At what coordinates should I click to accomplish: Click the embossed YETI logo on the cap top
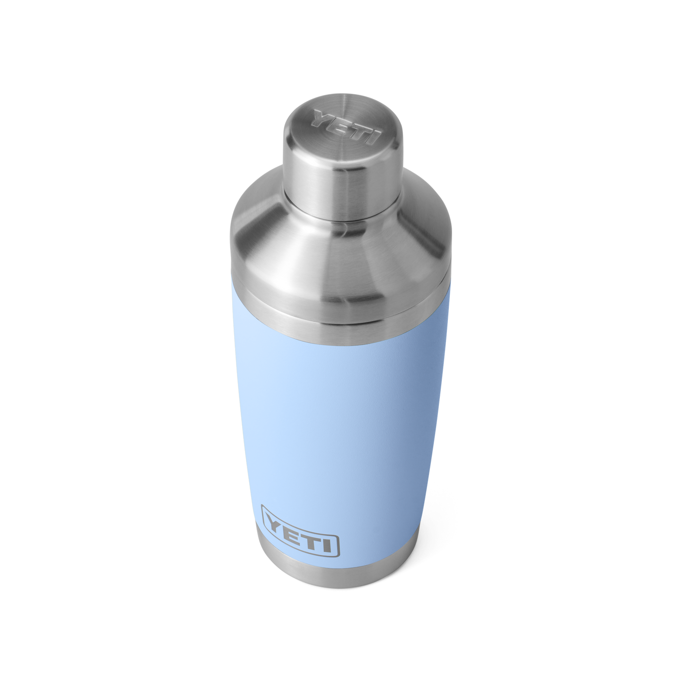(346, 127)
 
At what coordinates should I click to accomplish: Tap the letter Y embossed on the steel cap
(322, 118)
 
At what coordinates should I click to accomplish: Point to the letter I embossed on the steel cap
(375, 137)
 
